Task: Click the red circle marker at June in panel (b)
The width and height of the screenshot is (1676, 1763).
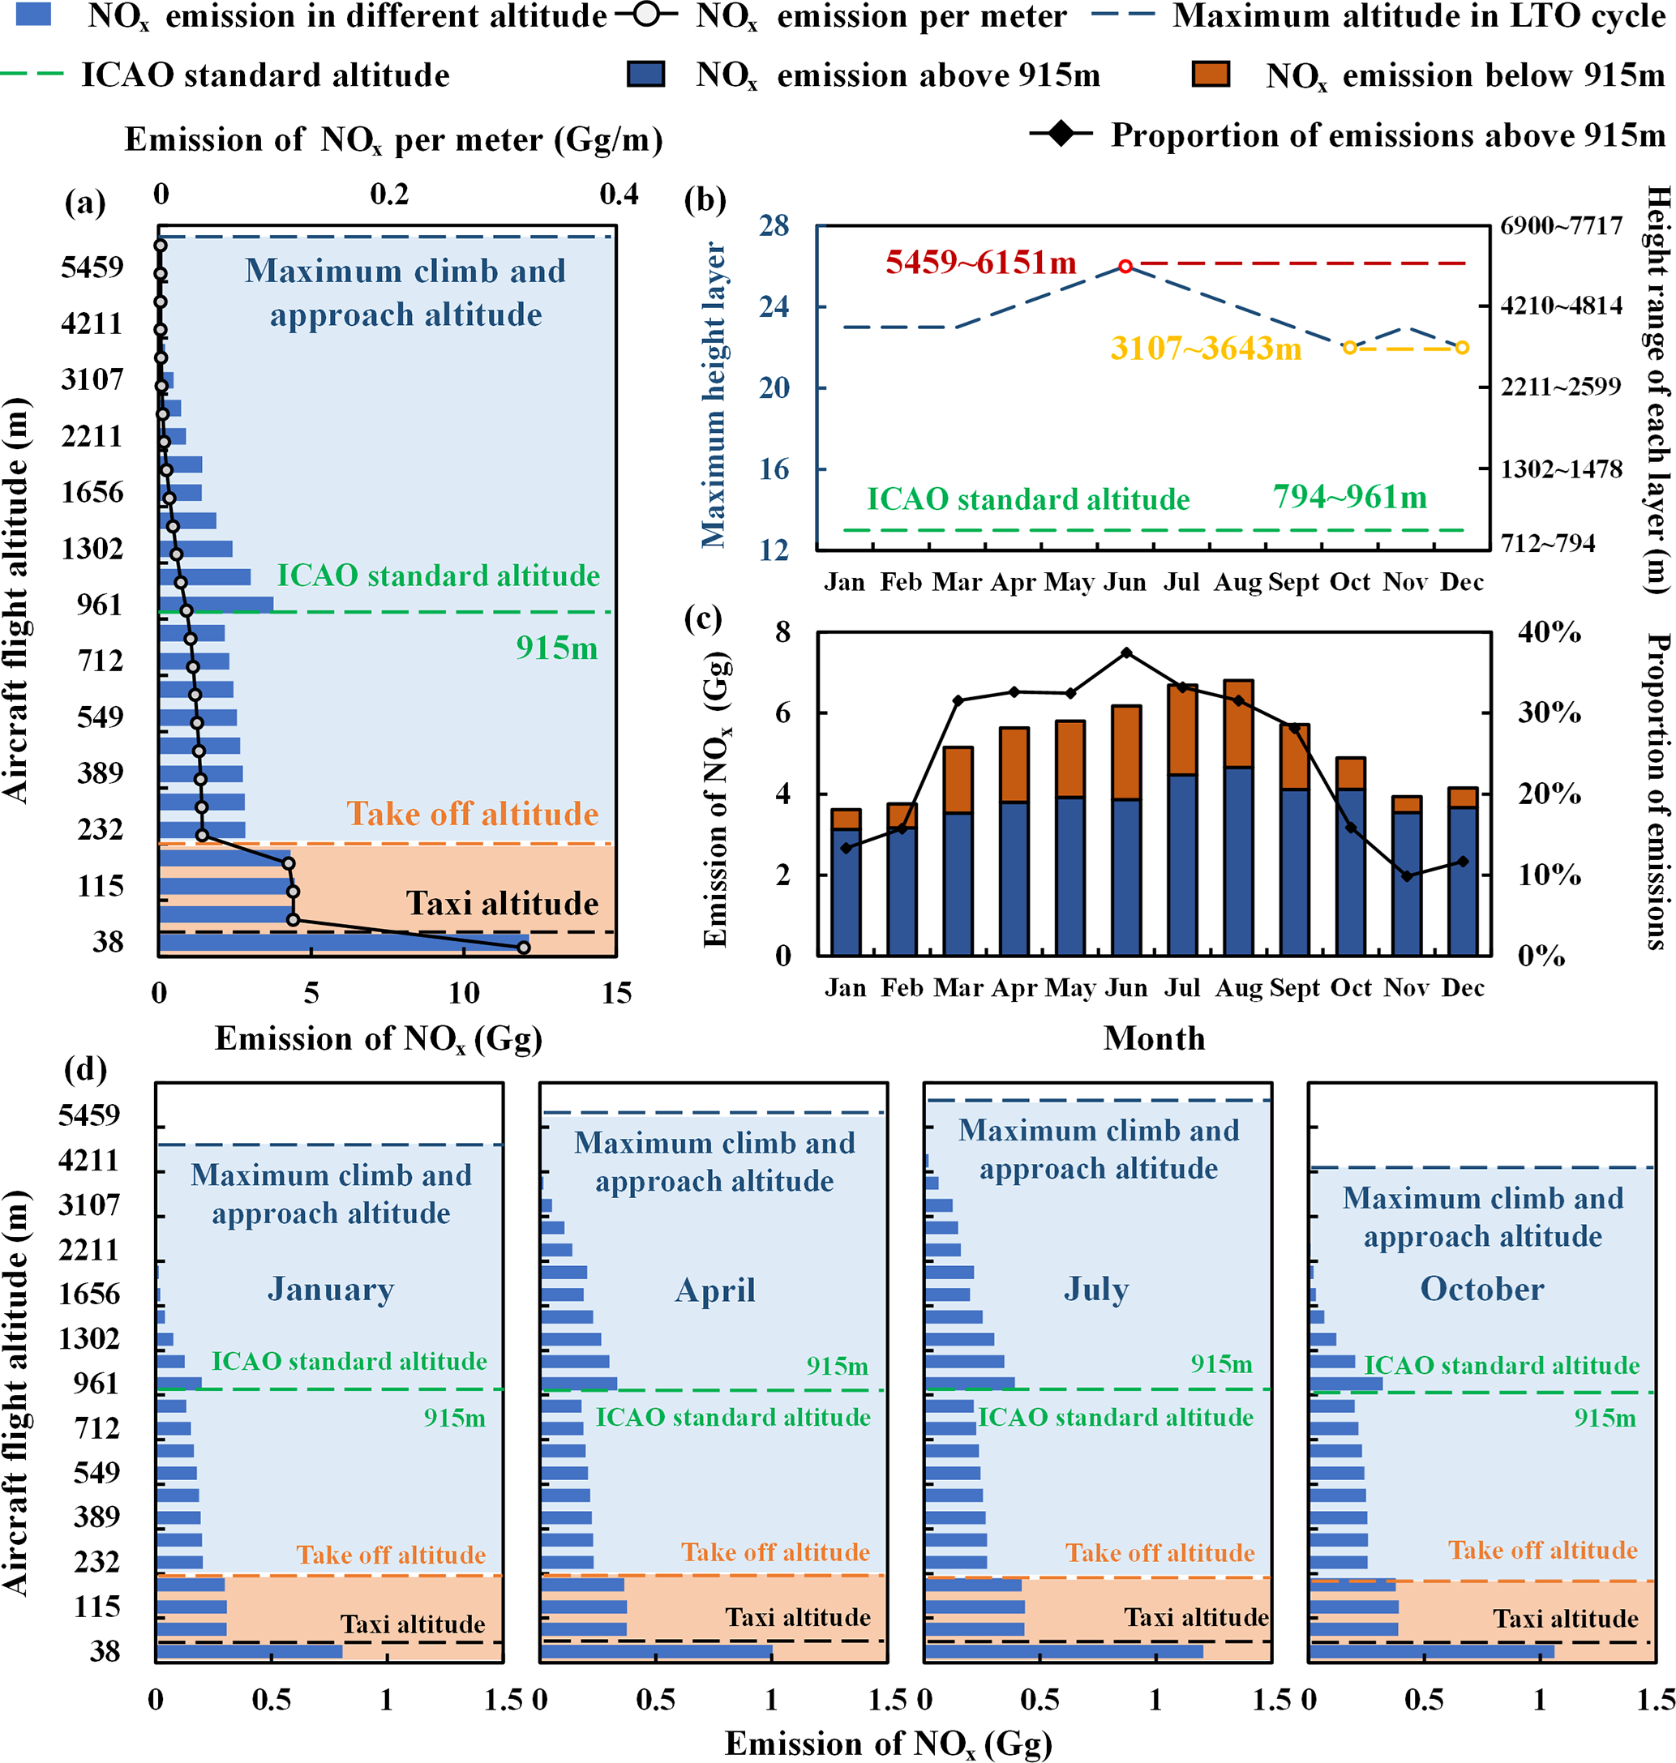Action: coord(1125,266)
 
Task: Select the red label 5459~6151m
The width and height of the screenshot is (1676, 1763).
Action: coord(981,263)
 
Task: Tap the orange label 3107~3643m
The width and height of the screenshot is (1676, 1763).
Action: coord(1205,349)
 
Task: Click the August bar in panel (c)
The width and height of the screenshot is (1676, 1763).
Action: coord(1238,817)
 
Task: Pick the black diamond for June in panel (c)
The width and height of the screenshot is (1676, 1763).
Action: coord(1126,653)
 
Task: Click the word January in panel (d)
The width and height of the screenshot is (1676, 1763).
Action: coord(331,1289)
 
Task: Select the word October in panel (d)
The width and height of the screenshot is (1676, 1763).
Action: coord(1482,1289)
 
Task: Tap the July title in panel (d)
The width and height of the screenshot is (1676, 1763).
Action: coord(1096,1289)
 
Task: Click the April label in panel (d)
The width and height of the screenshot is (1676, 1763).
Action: coord(714,1290)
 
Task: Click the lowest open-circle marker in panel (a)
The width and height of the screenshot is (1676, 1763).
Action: coord(524,948)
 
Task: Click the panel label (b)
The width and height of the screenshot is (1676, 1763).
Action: coord(705,200)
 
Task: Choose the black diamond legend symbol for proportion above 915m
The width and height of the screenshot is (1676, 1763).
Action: coord(1061,135)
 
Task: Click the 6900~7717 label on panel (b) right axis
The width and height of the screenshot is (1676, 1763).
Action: coord(1561,226)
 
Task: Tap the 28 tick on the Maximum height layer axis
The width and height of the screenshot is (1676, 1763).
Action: coord(774,225)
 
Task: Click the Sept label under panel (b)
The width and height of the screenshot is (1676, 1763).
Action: coord(1293,582)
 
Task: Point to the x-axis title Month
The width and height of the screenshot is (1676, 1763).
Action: coord(1155,1038)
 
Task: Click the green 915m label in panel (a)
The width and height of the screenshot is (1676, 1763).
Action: coord(556,648)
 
